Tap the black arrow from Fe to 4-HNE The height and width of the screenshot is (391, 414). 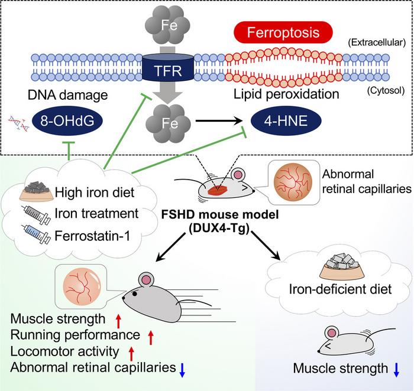[x=216, y=119]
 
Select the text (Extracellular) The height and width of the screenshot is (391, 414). [x=376, y=41]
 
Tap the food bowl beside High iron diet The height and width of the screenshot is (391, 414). [x=35, y=190]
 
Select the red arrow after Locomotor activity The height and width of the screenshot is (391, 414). [x=132, y=353]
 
